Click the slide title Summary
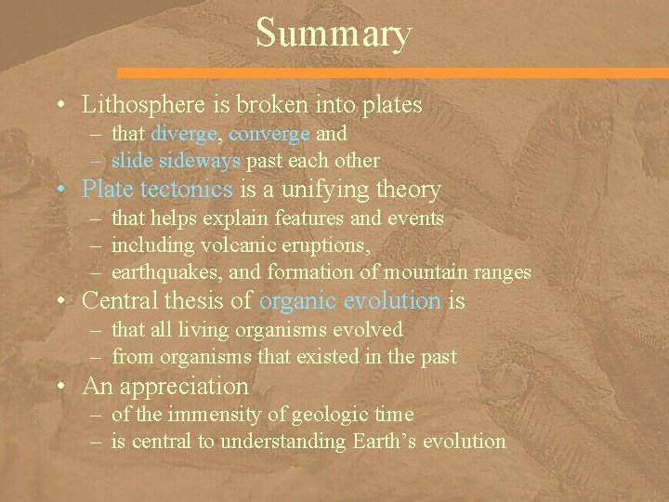tap(334, 34)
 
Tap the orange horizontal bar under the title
tap(390, 72)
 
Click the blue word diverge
tap(183, 133)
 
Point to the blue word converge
tap(269, 133)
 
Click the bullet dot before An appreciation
tap(63, 387)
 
